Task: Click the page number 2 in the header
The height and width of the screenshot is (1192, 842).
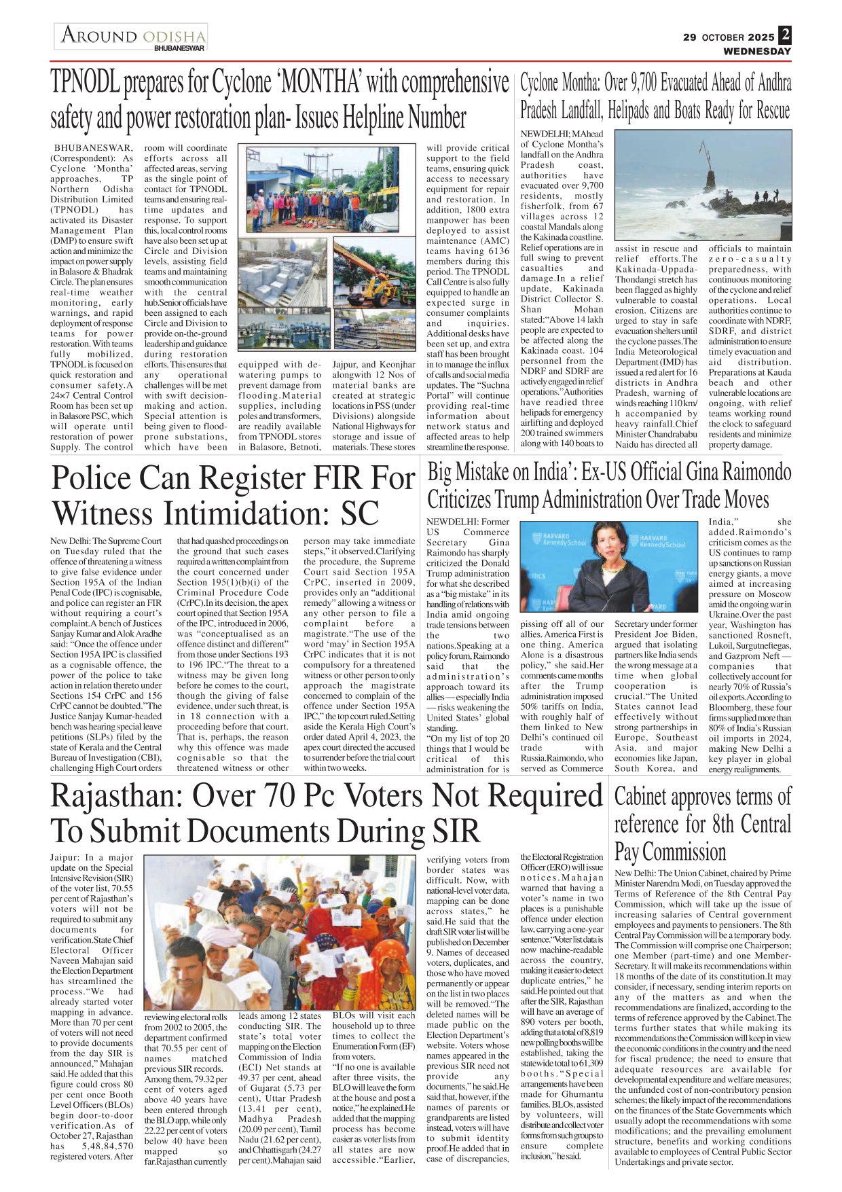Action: (x=785, y=35)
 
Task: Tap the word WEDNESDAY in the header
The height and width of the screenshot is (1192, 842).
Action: (x=756, y=51)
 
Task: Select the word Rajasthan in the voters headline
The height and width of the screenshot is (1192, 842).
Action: (x=115, y=795)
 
